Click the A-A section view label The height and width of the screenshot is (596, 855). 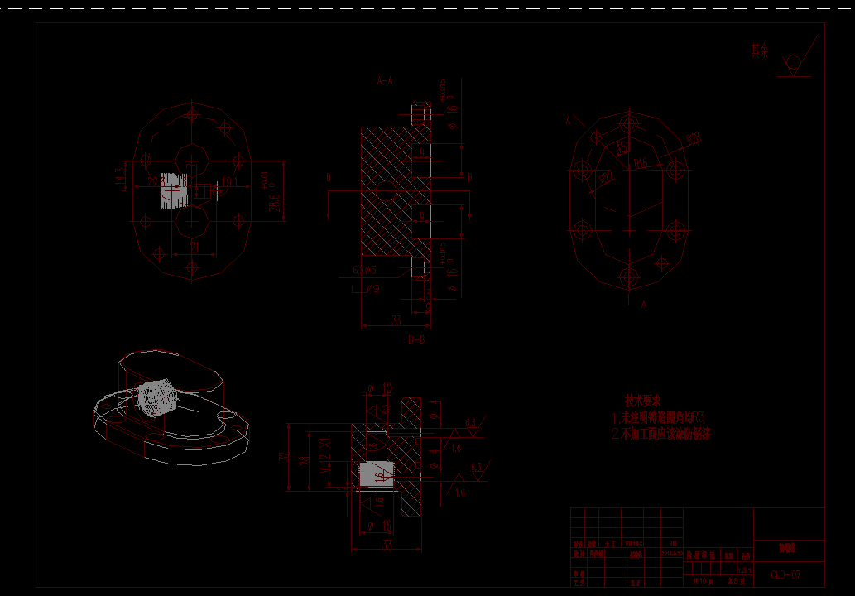(385, 81)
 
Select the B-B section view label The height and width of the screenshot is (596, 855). (416, 339)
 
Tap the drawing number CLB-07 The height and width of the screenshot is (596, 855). (785, 574)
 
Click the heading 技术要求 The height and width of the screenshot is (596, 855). (642, 401)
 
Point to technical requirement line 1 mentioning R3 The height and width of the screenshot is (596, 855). (660, 418)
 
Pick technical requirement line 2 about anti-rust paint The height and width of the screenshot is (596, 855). (661, 434)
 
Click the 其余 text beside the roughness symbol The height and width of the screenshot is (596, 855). (759, 51)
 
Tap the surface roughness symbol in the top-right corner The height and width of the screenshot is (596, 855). (795, 63)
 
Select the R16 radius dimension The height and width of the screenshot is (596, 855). (641, 164)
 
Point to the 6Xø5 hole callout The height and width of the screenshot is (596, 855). (364, 270)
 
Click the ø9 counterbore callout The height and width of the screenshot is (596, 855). (372, 289)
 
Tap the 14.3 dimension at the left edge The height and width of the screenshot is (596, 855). (119, 175)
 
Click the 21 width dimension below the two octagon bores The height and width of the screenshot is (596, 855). (195, 246)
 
